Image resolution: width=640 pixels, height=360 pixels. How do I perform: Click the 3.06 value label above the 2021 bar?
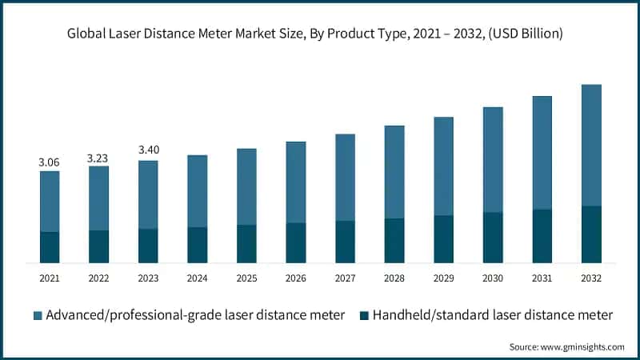[x=50, y=162]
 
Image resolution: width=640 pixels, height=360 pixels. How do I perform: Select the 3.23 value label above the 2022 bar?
[x=98, y=158]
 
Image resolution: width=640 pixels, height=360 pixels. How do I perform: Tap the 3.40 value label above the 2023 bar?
[x=148, y=150]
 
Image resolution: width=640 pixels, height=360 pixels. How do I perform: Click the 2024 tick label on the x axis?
[x=198, y=278]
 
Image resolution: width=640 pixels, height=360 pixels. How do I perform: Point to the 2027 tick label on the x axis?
[x=346, y=278]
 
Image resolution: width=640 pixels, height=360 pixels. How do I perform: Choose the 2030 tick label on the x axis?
[x=493, y=278]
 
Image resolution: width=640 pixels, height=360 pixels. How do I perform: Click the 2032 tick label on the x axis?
[x=591, y=278]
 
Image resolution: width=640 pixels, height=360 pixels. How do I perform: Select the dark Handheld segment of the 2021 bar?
[x=50, y=247]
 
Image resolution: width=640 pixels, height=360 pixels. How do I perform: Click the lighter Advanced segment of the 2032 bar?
[x=591, y=145]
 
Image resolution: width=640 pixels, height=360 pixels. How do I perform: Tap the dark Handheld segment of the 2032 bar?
[x=591, y=234]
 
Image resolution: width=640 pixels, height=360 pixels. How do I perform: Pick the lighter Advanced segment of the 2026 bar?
[x=296, y=182]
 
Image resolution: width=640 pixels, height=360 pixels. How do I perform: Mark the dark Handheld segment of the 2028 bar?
[x=394, y=241]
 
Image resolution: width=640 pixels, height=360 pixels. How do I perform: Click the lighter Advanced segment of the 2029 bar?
[x=444, y=166]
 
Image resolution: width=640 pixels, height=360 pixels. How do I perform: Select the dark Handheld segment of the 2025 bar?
[x=246, y=244]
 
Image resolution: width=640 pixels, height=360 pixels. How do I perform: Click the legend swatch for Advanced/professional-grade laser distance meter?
[x=38, y=315]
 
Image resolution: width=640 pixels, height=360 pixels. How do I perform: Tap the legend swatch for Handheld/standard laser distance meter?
[x=365, y=315]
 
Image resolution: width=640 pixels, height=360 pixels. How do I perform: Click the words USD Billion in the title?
[x=526, y=34]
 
